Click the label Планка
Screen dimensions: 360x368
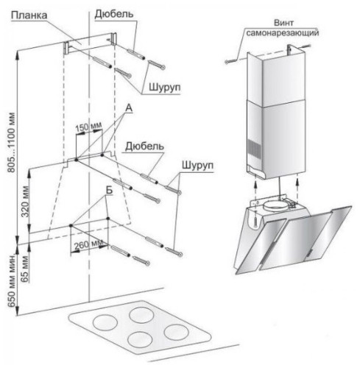coord(29,15)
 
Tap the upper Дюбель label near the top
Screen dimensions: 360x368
coord(114,14)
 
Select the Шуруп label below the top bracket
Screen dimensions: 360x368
coord(165,87)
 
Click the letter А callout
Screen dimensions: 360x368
coord(129,108)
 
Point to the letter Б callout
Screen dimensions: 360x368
coord(109,190)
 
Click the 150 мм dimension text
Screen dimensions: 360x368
coord(88,127)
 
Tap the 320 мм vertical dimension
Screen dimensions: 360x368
coord(25,202)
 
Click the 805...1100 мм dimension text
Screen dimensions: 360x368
coord(12,142)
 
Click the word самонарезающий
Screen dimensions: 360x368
coord(283,32)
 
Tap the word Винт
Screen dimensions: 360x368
coord(283,23)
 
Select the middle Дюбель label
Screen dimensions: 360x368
coord(144,146)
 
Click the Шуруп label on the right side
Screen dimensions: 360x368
coord(197,165)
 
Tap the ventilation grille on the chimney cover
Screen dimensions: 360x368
coord(253,149)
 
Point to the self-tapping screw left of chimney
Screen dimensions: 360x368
coord(230,61)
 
